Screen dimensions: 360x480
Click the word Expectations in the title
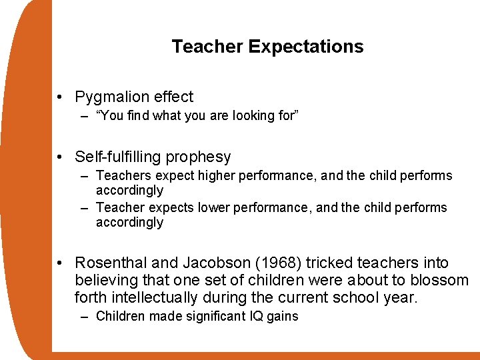[306, 47]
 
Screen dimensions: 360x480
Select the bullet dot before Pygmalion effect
[61, 97]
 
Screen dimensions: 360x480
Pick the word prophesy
[199, 157]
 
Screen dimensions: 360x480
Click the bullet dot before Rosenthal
[61, 263]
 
